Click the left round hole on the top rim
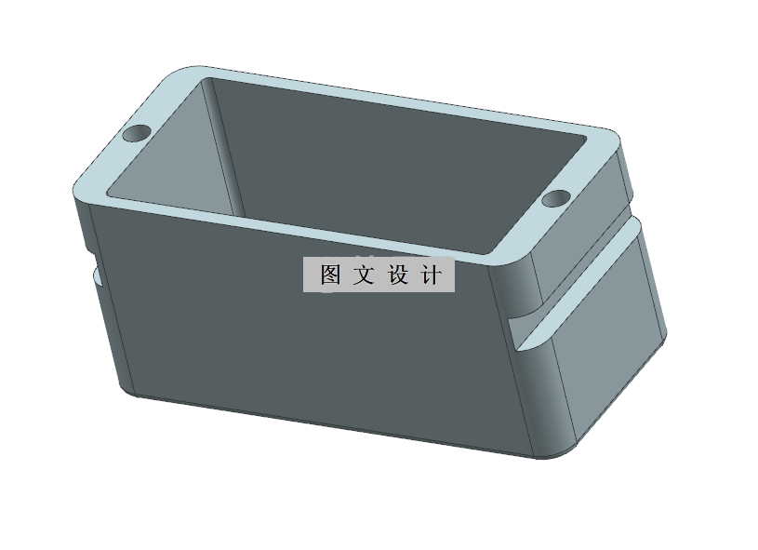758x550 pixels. click(x=137, y=133)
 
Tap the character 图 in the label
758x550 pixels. click(x=330, y=275)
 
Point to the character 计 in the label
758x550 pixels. click(x=432, y=275)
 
